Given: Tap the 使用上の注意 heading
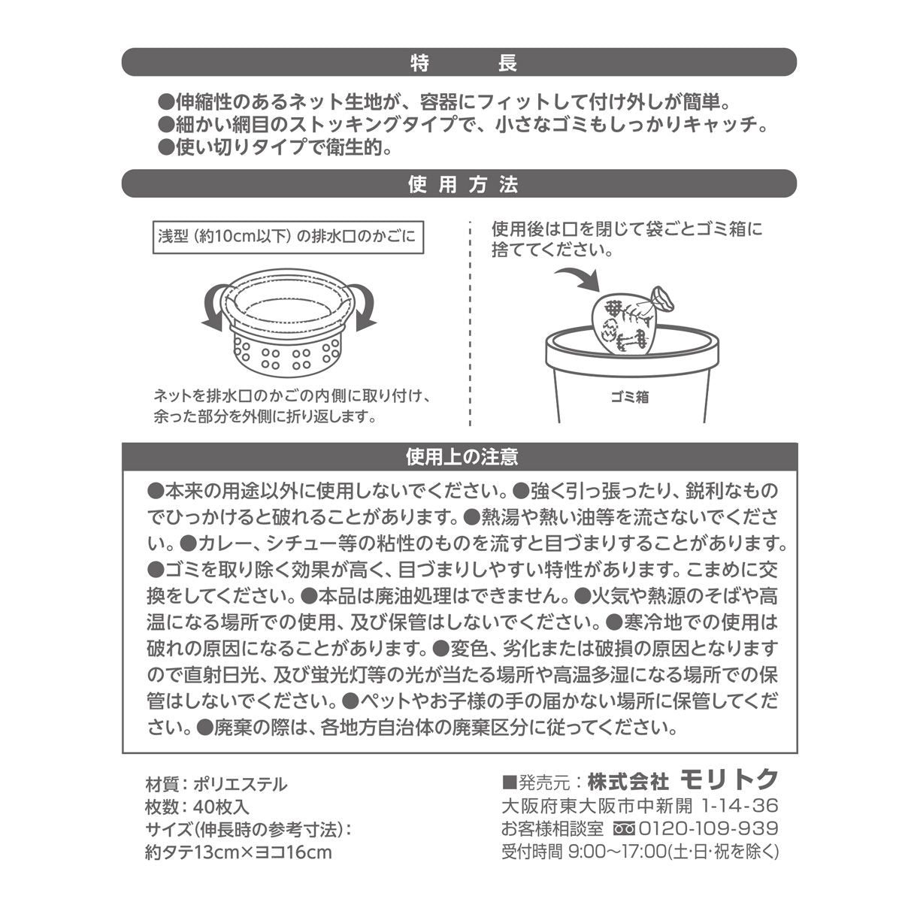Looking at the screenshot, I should (460, 456).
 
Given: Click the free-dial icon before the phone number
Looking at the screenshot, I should (624, 829).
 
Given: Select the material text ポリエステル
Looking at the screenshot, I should (241, 785).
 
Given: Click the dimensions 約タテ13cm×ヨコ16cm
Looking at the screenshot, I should (238, 852).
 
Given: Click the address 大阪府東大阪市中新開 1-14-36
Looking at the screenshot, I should (639, 806).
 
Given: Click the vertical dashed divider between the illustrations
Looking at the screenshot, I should (470, 323).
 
